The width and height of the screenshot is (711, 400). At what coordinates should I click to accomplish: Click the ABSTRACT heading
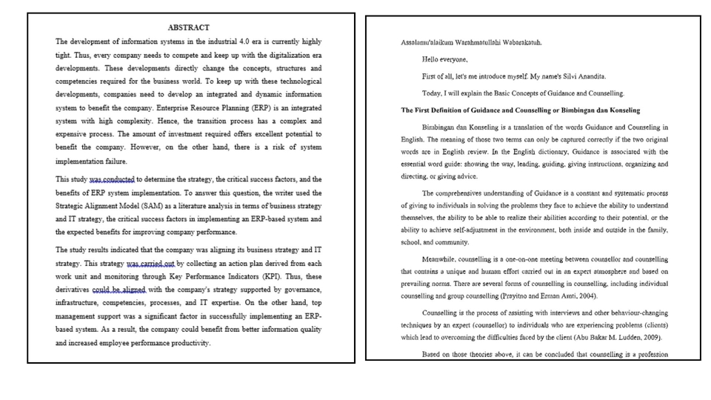coord(188,27)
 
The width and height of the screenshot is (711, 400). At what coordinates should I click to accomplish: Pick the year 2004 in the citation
coord(587,296)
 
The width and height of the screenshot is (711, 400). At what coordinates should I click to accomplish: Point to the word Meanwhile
coord(438,260)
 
